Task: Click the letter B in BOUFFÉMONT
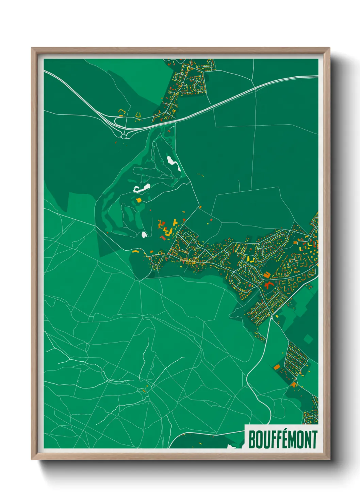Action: point(252,440)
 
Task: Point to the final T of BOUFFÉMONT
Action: point(314,440)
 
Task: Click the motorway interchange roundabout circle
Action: point(124,136)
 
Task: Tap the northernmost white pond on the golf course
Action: point(173,163)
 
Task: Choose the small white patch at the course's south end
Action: point(144,234)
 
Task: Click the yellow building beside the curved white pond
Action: point(138,200)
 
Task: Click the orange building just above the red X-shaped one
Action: point(267,274)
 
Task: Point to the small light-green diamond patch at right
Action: point(308,339)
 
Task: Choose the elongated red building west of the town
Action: point(163,238)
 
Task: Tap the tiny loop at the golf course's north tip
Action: point(169,130)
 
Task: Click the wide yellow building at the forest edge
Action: point(135,251)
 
